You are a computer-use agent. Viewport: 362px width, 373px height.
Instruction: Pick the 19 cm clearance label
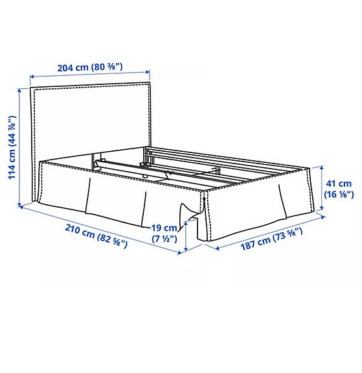tap(164, 228)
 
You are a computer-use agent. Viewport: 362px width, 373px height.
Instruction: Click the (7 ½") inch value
tap(164, 239)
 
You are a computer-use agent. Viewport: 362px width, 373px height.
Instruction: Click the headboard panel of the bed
tap(91, 120)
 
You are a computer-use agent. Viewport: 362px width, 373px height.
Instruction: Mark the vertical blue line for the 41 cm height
tap(321, 187)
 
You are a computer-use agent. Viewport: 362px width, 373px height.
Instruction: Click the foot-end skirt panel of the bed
tap(259, 208)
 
